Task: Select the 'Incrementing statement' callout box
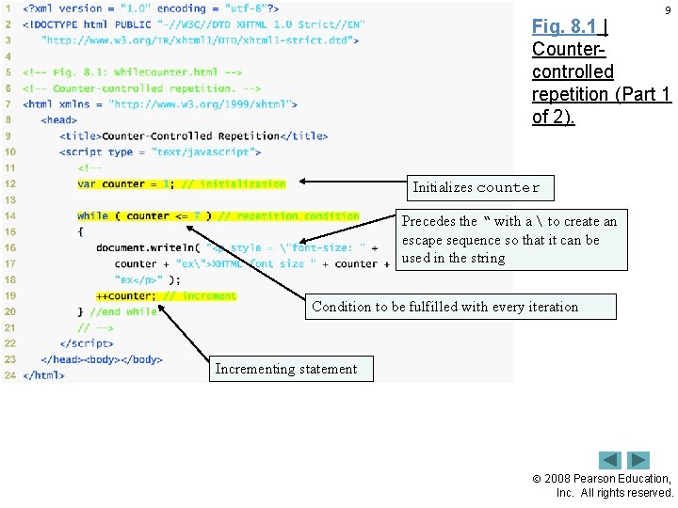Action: pyautogui.click(x=286, y=369)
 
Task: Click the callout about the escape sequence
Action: pyautogui.click(x=508, y=239)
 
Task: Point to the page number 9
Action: pyautogui.click(x=668, y=10)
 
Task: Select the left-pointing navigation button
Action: pyautogui.click(x=611, y=460)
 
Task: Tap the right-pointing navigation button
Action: pyautogui.click(x=639, y=460)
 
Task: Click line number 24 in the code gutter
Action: pyautogui.click(x=8, y=374)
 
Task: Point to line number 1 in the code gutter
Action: pyautogui.click(x=8, y=8)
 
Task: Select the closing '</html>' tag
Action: pyautogui.click(x=43, y=374)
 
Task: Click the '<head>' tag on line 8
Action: pyautogui.click(x=59, y=119)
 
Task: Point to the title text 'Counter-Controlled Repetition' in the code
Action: pyautogui.click(x=190, y=135)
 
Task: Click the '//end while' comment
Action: pyautogui.click(x=123, y=311)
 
